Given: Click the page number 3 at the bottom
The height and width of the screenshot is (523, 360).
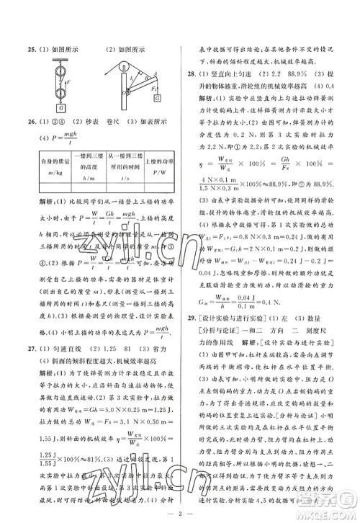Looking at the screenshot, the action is point(180,514).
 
